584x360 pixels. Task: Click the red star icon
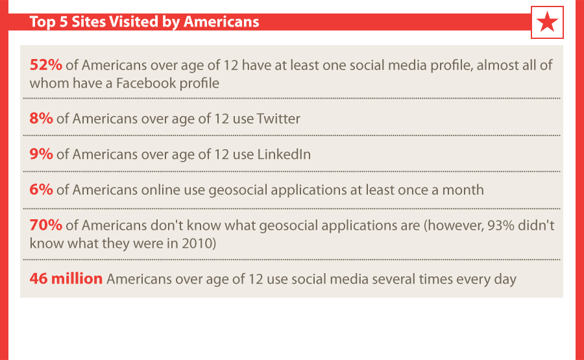pos(547,22)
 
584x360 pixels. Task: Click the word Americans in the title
pos(221,21)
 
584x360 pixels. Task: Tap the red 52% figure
pos(46,65)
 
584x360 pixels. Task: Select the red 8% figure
pos(42,119)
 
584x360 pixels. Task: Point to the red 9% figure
pos(42,154)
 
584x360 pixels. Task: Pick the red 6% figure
pos(42,190)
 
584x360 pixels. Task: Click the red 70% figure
pos(46,225)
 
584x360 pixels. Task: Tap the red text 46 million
pos(66,279)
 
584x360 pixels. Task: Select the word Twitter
pos(278,119)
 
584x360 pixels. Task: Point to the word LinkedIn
pos(284,154)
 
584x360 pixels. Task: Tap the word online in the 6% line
pos(160,190)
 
